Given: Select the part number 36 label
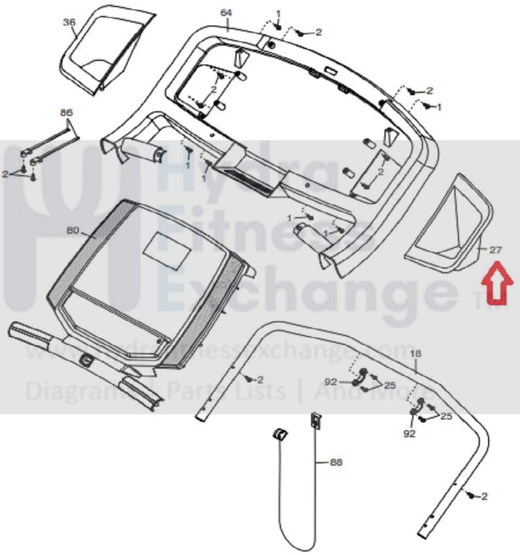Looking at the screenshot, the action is (x=69, y=22).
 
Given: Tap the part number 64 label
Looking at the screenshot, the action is (x=226, y=12).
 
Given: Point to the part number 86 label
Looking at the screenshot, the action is (x=66, y=112).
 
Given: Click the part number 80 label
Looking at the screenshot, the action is (x=73, y=230).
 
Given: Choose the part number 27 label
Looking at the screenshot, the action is (x=495, y=250).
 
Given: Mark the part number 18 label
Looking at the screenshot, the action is (x=416, y=354).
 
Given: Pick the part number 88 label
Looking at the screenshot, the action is (x=336, y=462).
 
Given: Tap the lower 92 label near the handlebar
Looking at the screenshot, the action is (x=409, y=434).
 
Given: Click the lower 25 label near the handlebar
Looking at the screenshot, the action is (x=446, y=416).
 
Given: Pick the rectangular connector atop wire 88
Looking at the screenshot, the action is (x=315, y=421).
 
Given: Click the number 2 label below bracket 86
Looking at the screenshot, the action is (x=5, y=174).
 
